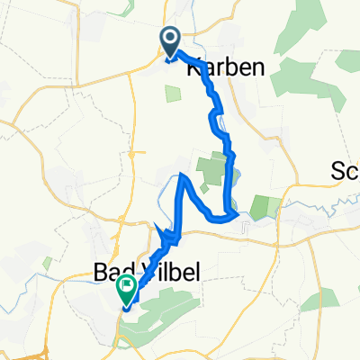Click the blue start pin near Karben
click(170, 40)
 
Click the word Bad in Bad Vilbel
click(112, 270)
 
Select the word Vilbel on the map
click(155, 270)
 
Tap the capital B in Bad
click(101, 270)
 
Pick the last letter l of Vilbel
click(175, 270)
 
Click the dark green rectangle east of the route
click(260, 208)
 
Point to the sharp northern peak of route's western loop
click(184, 175)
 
